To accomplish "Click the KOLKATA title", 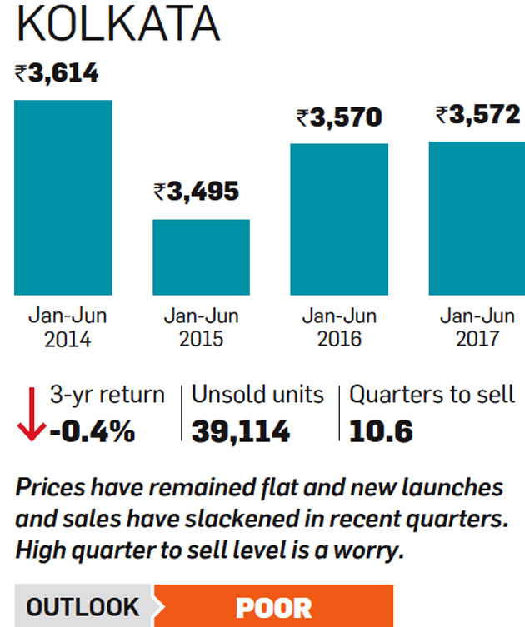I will click(117, 25).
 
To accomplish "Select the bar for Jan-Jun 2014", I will click(62, 197).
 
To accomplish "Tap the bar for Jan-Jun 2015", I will click(201, 256).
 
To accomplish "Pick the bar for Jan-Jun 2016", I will click(338, 219).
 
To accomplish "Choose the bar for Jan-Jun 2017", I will click(477, 218).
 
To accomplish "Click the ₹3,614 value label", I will click(57, 73).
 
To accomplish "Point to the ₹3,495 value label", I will click(197, 192).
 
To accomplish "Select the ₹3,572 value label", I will click(477, 115).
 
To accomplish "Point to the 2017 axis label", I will click(477, 339).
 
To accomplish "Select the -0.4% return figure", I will click(92, 431).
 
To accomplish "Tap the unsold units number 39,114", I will click(241, 431).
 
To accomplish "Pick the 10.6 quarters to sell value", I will click(381, 431).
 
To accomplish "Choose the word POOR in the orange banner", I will click(273, 607).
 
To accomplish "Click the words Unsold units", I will click(257, 394).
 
